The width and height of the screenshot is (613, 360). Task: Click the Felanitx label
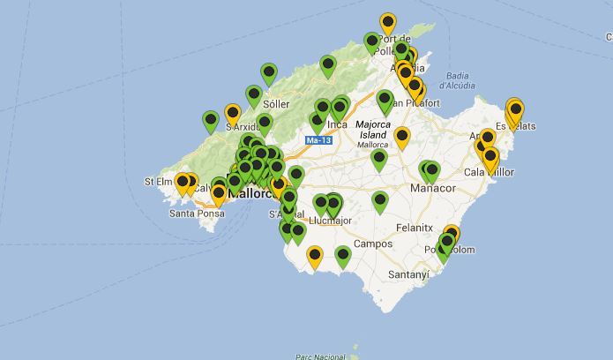click(x=414, y=227)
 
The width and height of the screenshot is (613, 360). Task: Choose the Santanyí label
click(x=408, y=274)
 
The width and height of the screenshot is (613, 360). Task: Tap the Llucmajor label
click(x=333, y=221)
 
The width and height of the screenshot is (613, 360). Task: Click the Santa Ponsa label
click(x=196, y=213)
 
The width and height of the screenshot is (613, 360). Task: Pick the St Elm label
click(x=157, y=182)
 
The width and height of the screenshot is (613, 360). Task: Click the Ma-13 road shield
click(x=318, y=140)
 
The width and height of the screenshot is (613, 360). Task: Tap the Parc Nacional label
click(x=318, y=356)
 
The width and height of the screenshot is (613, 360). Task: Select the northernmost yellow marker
click(x=388, y=22)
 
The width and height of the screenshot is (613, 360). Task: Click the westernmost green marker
click(x=211, y=120)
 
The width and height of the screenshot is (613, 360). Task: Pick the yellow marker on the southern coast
click(x=315, y=256)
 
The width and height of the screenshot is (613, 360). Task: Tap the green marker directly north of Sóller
click(x=269, y=73)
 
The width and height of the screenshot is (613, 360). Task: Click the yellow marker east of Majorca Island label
click(x=402, y=137)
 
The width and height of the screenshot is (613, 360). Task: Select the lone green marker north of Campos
click(x=380, y=201)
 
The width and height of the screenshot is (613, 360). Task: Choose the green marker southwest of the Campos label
click(x=343, y=256)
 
